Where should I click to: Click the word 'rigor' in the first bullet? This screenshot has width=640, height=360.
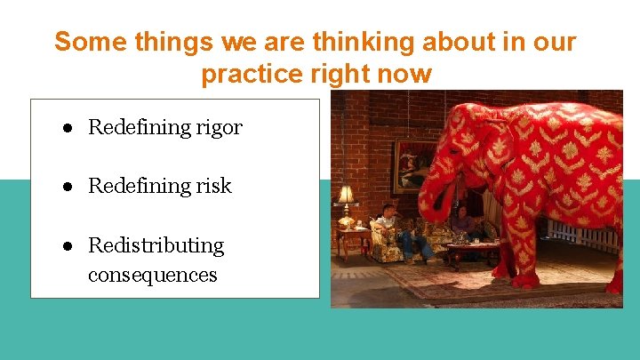220,128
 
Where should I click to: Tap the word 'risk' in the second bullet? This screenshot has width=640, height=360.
214,186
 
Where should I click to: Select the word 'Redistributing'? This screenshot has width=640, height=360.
156,245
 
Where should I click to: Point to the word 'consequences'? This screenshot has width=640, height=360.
152,275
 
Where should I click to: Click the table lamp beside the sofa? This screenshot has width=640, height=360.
345,196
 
